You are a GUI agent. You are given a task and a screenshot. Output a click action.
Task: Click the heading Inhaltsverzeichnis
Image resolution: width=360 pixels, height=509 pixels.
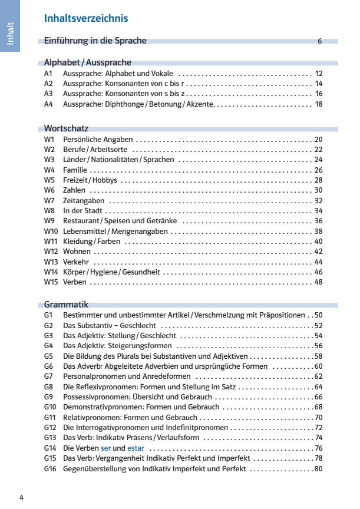pos(86,19)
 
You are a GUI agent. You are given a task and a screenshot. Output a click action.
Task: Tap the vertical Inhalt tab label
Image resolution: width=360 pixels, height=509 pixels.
pos(10,33)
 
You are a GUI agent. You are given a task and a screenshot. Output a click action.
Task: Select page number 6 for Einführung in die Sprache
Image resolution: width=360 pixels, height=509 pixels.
pos(319,41)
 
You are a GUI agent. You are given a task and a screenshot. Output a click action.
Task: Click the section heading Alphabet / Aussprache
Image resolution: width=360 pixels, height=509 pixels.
pos(88,62)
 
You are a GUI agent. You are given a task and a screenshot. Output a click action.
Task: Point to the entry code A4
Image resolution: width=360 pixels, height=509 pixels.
pos(49,104)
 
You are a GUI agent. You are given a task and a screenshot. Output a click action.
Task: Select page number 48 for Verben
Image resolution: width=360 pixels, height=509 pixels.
pos(318,282)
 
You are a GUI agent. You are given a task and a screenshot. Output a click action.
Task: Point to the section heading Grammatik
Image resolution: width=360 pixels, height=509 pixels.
pos(66,305)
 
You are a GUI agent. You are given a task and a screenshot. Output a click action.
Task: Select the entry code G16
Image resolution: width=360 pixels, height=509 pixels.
pos(51,469)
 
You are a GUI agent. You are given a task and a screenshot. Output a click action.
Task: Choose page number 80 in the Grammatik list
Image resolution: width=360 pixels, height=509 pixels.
pos(318,469)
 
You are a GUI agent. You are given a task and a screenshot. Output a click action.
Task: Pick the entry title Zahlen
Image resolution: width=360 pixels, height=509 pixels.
pos(74,190)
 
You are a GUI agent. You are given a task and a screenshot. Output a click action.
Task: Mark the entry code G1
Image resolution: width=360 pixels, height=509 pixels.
pos(49,315)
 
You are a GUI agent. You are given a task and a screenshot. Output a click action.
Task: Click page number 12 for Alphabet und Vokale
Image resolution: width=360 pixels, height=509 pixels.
pos(319,74)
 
